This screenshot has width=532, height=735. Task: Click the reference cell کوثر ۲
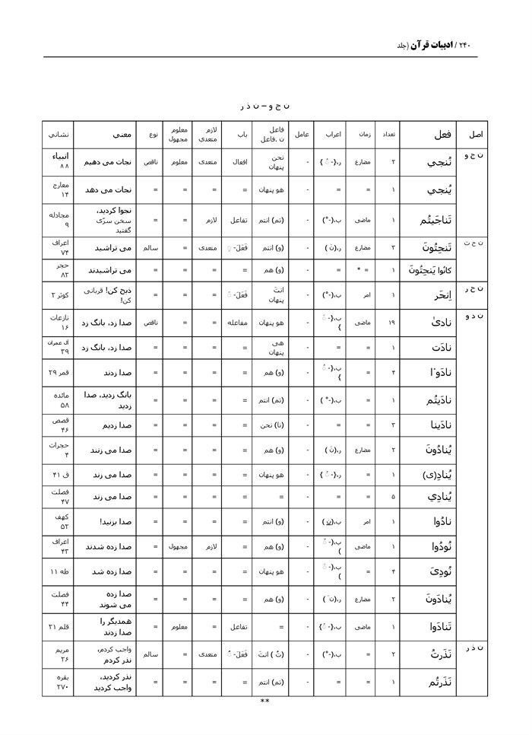click(x=59, y=294)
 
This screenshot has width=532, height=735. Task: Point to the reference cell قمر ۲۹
click(x=59, y=373)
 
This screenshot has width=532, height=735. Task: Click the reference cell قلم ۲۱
click(x=59, y=626)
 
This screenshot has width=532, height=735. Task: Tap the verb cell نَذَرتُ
click(x=441, y=654)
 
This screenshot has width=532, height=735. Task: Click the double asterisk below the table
click(x=264, y=702)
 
